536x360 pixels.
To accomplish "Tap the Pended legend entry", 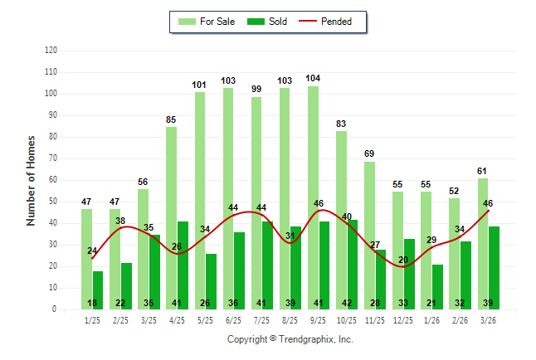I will coord(337,22).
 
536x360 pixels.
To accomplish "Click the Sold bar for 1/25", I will coord(98,286).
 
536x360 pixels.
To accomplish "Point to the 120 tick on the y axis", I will coord(51,51).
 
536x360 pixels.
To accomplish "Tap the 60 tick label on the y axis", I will coord(52,180).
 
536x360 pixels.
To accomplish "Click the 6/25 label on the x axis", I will coord(233,320).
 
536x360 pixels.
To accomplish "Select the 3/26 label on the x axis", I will coord(488,320).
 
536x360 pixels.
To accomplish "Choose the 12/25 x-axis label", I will coord(403,320).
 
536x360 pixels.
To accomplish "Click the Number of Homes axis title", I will coord(31,180).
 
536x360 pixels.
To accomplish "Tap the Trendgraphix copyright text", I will coord(290,339).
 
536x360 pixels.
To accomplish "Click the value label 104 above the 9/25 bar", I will coord(313,79).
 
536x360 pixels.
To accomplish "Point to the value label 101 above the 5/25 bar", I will coord(200,85).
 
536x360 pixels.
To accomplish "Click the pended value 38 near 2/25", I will coord(120,221).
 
